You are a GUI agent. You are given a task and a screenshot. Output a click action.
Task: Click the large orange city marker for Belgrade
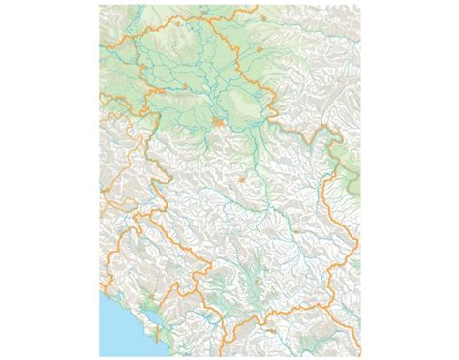(221, 122)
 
